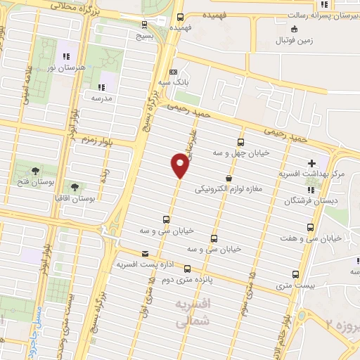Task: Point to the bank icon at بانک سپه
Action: [x=173, y=71]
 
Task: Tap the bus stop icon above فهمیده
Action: [x=181, y=17]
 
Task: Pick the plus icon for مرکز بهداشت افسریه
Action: [x=312, y=163]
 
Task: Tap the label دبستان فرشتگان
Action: [x=310, y=200]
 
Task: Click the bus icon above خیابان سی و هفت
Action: [x=311, y=226]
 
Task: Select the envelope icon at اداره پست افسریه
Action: [x=146, y=253]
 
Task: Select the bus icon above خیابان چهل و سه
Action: [x=242, y=141]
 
